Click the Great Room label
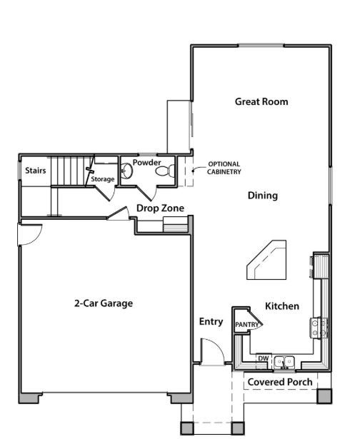tap(261, 101)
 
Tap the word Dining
tap(263, 196)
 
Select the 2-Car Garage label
tap(104, 303)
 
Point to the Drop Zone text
tap(160, 208)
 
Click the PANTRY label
tap(247, 325)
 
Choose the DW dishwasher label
tap(263, 358)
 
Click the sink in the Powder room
tap(126, 171)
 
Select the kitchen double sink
tap(284, 362)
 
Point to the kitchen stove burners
tap(319, 328)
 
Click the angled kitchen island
tap(266, 260)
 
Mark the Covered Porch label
tap(280, 382)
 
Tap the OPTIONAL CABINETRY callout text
tap(224, 168)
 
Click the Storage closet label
tap(103, 179)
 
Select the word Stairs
tap(36, 170)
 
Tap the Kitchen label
tap(282, 306)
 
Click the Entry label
tap(211, 322)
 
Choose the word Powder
tap(147, 162)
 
